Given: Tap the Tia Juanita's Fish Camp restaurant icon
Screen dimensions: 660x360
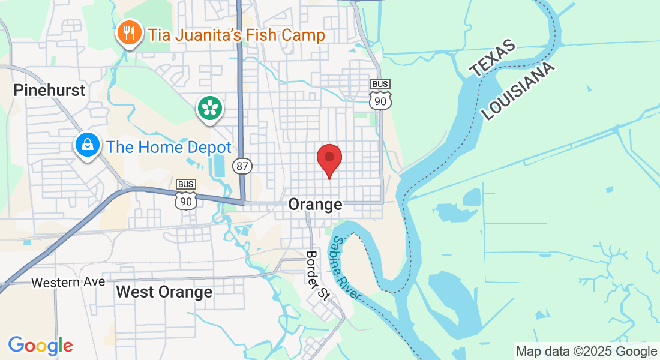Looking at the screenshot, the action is [128, 33].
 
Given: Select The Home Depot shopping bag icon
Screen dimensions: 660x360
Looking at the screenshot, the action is [88, 145].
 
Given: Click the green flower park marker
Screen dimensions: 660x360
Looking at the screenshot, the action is [210, 109].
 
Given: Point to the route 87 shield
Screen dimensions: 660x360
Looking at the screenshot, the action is [242, 166].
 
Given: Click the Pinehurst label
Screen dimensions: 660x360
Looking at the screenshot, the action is [50, 91].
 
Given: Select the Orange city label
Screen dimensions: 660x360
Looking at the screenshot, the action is [315, 205].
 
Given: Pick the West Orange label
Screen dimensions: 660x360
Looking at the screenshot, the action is [164, 292].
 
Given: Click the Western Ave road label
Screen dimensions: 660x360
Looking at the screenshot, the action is [68, 282].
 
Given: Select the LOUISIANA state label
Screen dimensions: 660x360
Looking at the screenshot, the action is [518, 91].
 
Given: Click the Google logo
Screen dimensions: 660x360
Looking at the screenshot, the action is [40, 346].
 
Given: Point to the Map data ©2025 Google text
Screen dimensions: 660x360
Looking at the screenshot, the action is [586, 352].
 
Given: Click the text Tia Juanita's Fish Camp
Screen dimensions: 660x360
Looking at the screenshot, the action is [236, 35].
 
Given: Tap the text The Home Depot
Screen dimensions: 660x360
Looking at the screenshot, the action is [169, 147].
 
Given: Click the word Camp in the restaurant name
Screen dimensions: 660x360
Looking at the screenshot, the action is [304, 35].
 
